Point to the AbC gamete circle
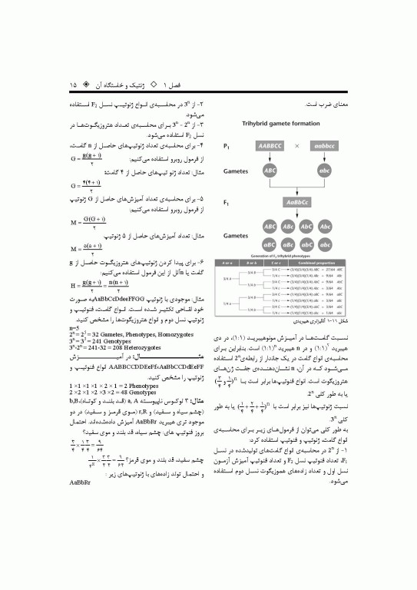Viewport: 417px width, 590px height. coord(307,228)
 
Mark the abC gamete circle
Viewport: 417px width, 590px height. coord(307,244)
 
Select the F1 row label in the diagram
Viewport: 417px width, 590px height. coord(227,203)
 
